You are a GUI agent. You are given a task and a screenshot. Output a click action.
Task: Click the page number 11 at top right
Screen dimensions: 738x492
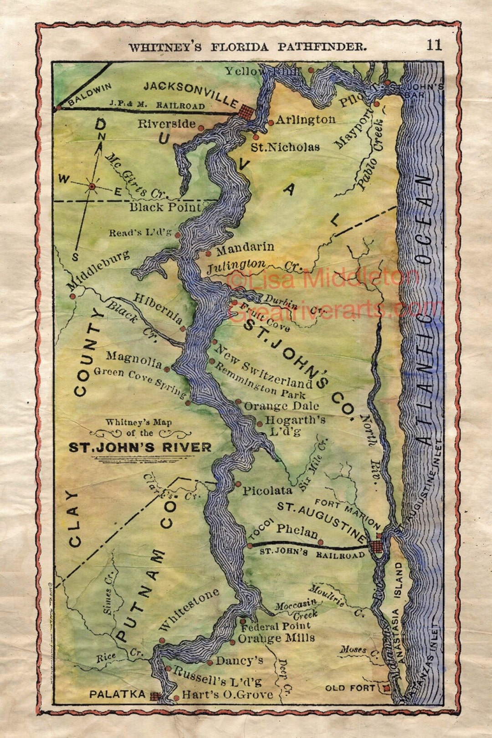pyautogui.click(x=434, y=45)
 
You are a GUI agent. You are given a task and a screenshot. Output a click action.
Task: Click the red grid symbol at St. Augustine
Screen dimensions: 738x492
pyautogui.click(x=376, y=546)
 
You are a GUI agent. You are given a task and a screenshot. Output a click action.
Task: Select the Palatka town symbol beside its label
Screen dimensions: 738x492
pyautogui.click(x=155, y=696)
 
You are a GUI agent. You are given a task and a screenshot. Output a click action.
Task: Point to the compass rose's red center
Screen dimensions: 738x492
pyautogui.click(x=92, y=186)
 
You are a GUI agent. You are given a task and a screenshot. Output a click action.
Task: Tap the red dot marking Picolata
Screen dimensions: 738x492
pyautogui.click(x=238, y=484)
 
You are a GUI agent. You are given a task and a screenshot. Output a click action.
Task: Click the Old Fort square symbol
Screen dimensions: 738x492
pyautogui.click(x=387, y=688)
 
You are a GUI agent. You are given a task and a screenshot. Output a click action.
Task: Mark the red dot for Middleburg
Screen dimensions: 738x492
pyautogui.click(x=72, y=296)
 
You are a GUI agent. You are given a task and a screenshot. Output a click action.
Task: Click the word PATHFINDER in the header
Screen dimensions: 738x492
pyautogui.click(x=322, y=46)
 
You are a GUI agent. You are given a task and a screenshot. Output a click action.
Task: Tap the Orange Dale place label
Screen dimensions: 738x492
pyautogui.click(x=281, y=406)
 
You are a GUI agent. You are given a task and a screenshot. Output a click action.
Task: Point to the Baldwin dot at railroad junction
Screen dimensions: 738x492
pyautogui.click(x=58, y=108)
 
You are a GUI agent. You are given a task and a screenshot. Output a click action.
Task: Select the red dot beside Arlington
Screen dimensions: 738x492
pyautogui.click(x=271, y=122)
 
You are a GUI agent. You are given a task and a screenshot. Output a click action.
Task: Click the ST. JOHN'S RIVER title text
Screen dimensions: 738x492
pyautogui.click(x=140, y=447)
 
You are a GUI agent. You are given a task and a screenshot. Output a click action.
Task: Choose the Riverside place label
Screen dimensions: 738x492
pyautogui.click(x=167, y=124)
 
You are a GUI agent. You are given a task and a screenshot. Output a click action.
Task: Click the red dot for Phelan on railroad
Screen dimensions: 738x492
pyautogui.click(x=321, y=542)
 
